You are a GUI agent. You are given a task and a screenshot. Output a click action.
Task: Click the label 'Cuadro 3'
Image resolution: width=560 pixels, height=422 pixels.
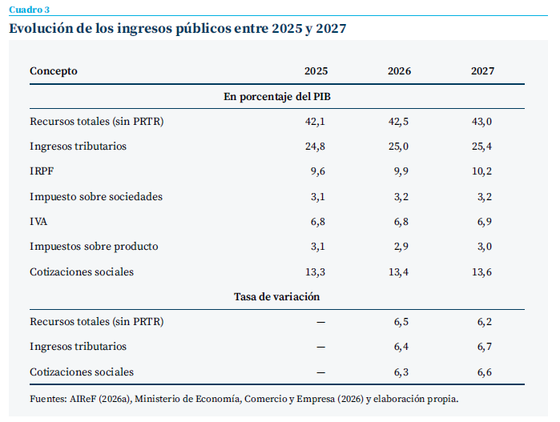(30, 10)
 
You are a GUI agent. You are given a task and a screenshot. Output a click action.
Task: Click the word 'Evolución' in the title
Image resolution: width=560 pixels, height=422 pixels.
(41, 28)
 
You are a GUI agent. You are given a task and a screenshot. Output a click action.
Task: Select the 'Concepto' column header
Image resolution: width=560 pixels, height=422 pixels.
(54, 71)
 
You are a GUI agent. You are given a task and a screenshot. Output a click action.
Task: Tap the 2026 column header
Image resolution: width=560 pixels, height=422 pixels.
(399, 71)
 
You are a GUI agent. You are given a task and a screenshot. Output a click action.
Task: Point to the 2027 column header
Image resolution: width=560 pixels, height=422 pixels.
(482, 71)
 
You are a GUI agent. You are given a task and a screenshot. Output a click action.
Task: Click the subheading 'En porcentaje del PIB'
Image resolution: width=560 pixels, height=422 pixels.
(277, 97)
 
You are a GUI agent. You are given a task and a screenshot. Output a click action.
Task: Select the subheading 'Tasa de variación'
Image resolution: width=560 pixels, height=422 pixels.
(276, 297)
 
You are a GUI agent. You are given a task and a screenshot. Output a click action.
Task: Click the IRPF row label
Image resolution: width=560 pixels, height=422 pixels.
(42, 171)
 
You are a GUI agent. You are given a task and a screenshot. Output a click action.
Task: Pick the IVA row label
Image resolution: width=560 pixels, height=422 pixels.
(38, 222)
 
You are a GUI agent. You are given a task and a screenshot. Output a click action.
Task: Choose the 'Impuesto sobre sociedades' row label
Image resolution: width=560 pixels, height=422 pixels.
(96, 197)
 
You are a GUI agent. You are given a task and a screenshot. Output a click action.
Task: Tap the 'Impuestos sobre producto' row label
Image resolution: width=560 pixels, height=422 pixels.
(94, 247)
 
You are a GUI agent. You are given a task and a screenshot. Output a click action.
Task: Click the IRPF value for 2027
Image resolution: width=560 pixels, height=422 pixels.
(481, 171)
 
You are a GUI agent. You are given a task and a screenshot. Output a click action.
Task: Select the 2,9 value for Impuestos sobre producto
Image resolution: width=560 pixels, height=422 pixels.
(401, 247)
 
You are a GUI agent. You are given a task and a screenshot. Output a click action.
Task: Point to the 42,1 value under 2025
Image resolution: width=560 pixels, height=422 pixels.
(315, 122)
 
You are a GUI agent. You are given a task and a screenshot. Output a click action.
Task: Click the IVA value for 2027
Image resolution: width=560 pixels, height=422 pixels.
(485, 222)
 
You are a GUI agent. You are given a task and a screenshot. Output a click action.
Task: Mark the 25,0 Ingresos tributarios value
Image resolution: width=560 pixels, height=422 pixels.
(399, 147)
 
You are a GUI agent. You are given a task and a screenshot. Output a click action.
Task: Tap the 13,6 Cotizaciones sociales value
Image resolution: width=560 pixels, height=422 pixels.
(481, 272)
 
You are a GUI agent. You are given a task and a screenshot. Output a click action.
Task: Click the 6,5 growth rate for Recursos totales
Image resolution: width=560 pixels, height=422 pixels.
(401, 322)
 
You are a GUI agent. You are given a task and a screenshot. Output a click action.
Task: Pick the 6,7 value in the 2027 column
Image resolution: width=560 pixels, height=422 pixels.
(485, 347)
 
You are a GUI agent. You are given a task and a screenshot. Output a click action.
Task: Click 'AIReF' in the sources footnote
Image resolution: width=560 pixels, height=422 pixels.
(83, 399)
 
